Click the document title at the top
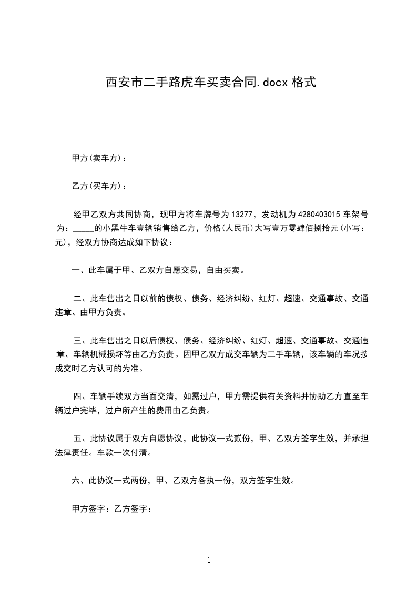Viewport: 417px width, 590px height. click(x=211, y=83)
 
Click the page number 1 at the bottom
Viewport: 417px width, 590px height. click(x=209, y=560)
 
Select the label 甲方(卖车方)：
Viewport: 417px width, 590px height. click(x=99, y=158)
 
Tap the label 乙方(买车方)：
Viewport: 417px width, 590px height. click(x=99, y=186)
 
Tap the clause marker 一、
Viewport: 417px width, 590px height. click(x=80, y=271)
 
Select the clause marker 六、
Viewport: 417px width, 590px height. click(x=80, y=480)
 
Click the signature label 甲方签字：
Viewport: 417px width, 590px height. click(x=90, y=508)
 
